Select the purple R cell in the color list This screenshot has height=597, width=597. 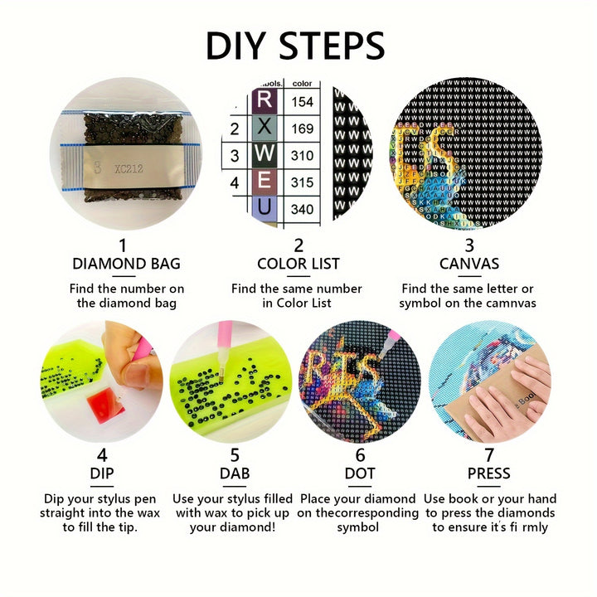(265, 100)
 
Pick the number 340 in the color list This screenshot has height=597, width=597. (302, 209)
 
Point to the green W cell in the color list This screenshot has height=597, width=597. (265, 155)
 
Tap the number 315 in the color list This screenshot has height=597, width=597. (302, 182)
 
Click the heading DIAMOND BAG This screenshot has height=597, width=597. (126, 265)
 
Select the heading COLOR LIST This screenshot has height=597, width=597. (298, 265)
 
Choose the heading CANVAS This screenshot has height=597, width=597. (469, 265)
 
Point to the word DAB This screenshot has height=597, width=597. (235, 474)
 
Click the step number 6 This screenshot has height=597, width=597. (360, 455)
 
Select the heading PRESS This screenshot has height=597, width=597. (489, 474)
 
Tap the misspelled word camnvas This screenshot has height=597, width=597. (507, 303)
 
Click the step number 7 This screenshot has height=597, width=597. (489, 455)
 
